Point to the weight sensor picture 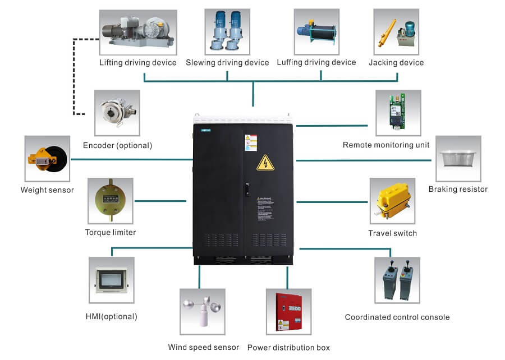(48, 159)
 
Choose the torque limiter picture (110, 201)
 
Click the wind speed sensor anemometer (203, 312)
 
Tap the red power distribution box (288, 312)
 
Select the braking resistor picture (458, 159)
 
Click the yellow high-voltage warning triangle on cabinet (265, 163)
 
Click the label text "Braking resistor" (458, 189)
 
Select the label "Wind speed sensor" (204, 347)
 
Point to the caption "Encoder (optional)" (117, 145)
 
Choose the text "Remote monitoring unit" (386, 145)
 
